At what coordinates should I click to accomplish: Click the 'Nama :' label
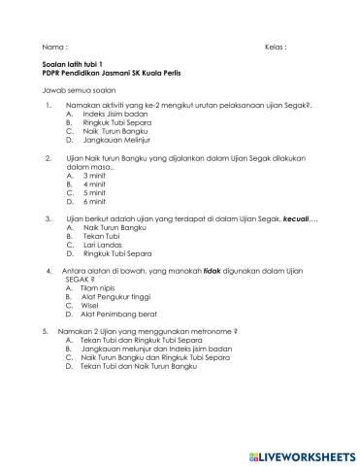click(x=56, y=47)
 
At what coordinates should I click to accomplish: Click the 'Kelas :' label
click(x=276, y=47)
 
